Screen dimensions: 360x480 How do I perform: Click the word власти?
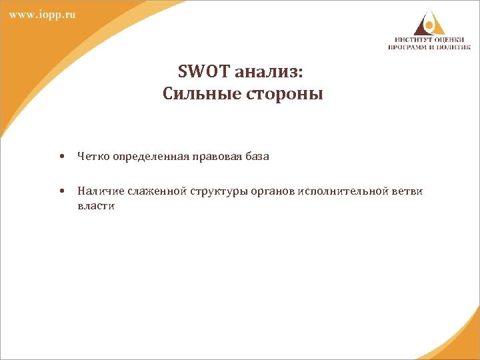tap(95, 206)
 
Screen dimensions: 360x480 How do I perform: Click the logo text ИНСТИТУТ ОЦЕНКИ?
tap(430, 39)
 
